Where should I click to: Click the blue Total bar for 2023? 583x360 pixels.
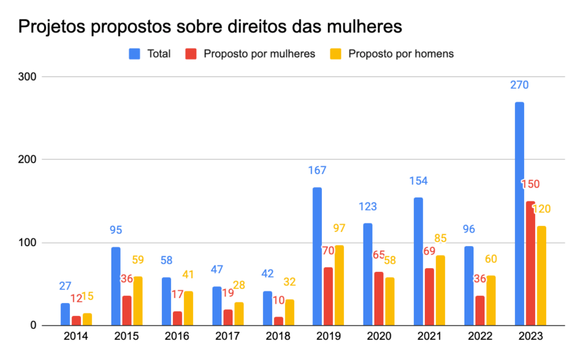[520, 214]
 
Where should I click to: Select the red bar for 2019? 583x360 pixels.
[328, 297]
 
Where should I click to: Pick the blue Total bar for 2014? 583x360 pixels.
[65, 314]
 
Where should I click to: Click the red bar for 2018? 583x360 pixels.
[277, 321]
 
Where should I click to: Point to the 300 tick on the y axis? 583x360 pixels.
[27, 77]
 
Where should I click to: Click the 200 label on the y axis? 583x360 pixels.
[27, 160]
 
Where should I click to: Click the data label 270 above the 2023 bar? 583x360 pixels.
[520, 85]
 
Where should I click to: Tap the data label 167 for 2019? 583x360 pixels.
[317, 171]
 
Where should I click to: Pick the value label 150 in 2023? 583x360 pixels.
[531, 185]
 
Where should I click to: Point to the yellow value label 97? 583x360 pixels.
[339, 228]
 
